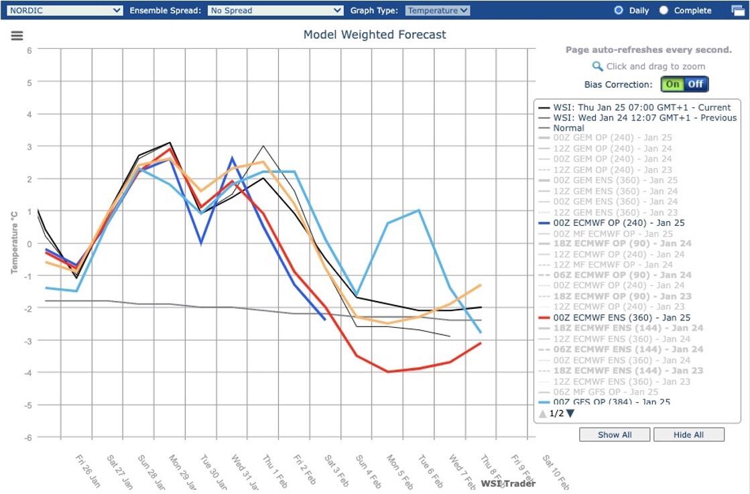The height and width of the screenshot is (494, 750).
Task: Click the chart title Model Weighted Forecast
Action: click(375, 35)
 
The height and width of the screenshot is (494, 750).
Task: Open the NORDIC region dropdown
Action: click(64, 11)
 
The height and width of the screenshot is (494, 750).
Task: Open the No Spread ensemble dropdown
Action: click(275, 11)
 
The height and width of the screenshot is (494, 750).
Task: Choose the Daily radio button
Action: click(619, 11)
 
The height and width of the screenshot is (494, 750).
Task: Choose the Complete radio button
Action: click(664, 11)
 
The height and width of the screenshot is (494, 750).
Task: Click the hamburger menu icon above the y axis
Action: click(17, 36)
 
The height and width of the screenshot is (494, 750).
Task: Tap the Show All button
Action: click(615, 434)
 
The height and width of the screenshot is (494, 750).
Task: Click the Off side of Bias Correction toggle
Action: click(696, 84)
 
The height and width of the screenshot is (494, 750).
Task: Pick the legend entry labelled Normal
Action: click(568, 128)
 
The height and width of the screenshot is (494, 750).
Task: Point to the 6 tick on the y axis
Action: click(29, 50)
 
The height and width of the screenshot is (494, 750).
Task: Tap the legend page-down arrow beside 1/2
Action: click(570, 414)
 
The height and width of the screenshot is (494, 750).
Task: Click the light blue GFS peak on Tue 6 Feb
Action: click(419, 210)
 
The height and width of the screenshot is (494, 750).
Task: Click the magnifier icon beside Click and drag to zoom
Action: click(597, 66)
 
